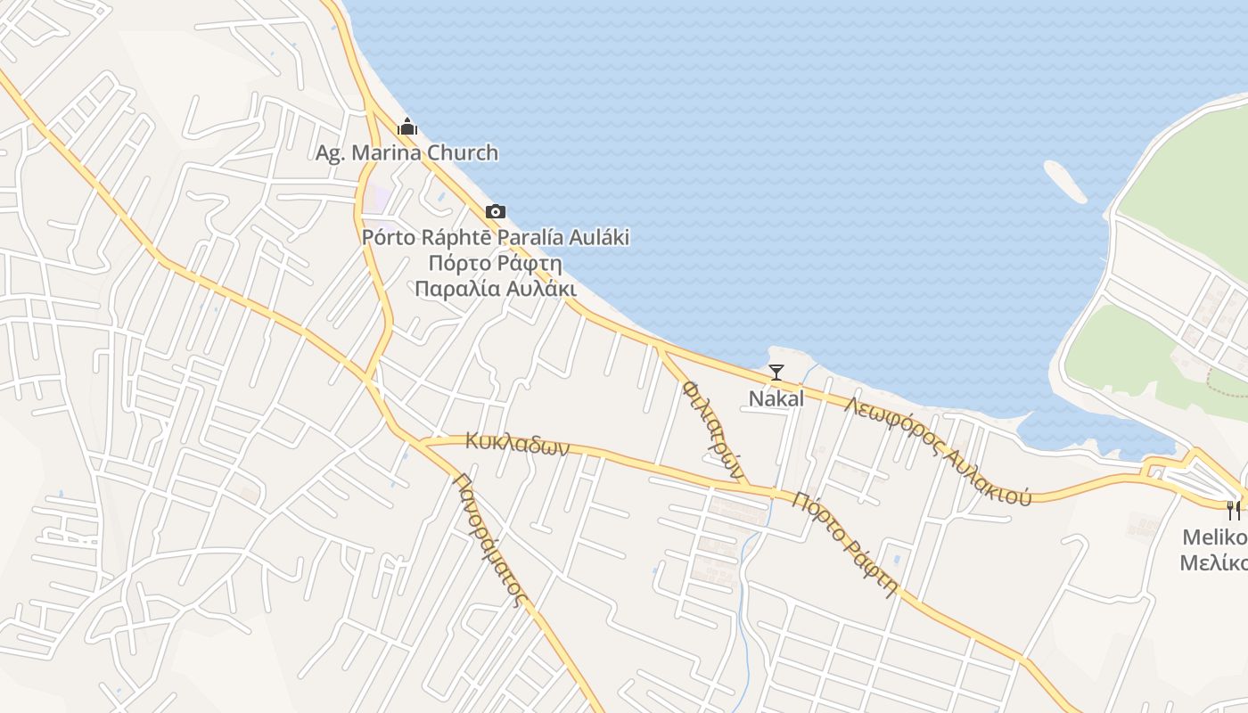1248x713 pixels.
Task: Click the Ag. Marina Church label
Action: (406, 152)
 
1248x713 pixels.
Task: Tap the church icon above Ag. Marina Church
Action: (407, 127)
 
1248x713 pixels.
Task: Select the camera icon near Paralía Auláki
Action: (496, 212)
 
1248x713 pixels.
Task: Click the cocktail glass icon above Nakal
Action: (776, 373)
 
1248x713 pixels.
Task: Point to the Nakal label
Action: (776, 398)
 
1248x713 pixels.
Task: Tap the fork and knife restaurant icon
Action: (1234, 511)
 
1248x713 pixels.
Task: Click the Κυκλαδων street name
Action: (516, 443)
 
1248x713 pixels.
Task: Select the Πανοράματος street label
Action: (489, 538)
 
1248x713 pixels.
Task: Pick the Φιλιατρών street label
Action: (712, 430)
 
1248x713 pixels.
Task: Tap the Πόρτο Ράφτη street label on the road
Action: (844, 544)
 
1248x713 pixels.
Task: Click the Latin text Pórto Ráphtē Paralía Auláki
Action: (496, 237)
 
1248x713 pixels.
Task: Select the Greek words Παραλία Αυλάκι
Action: (496, 289)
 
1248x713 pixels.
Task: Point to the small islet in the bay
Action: (1065, 181)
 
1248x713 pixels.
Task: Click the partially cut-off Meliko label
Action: (1213, 537)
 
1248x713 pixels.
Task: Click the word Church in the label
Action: (463, 152)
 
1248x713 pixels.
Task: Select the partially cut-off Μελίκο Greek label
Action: (1213, 562)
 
